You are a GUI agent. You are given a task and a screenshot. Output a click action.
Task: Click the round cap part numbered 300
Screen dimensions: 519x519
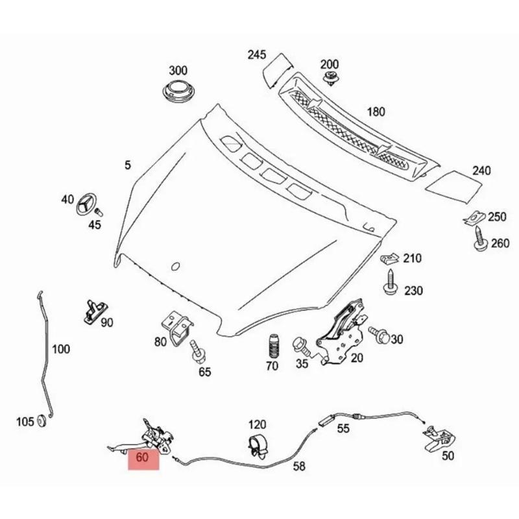pos(177,93)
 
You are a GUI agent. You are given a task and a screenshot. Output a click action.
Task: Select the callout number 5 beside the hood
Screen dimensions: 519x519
pos(128,166)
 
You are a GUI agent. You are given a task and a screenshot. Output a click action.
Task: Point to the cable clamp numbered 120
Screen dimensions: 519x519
pos(258,446)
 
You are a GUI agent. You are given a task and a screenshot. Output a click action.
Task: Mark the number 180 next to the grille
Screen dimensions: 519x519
pos(376,112)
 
